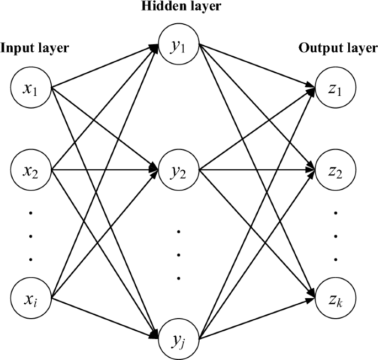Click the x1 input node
coord(31,88)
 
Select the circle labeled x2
coord(31,171)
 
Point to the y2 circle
coord(179,171)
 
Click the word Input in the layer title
coord(14,48)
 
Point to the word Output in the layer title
coord(317,48)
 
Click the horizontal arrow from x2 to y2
coord(105,171)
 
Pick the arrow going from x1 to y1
coord(105,67)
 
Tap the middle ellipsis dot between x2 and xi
coord(31,236)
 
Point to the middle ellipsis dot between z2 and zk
coord(336,236)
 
